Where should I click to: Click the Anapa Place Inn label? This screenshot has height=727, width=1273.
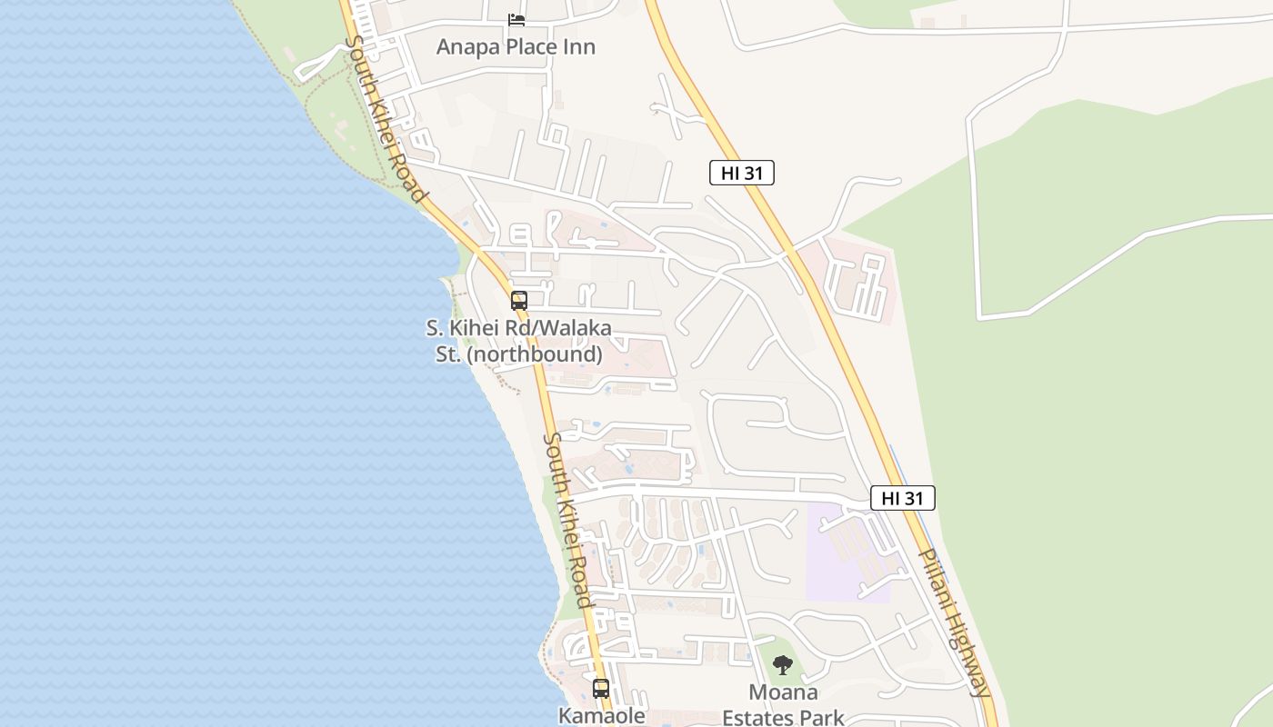[516, 46]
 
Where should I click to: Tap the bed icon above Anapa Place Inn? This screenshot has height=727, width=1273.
[516, 19]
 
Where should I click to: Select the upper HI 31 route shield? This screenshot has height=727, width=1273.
[742, 173]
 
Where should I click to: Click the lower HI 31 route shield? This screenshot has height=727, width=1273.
[903, 498]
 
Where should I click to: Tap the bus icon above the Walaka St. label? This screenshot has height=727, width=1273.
[519, 300]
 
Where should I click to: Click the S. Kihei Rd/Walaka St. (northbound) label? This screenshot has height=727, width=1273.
[519, 341]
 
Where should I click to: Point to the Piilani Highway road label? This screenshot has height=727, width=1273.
[953, 622]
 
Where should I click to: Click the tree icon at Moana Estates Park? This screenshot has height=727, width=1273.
[783, 665]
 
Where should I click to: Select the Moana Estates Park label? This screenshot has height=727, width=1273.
[783, 705]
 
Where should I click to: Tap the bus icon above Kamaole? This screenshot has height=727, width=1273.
[601, 688]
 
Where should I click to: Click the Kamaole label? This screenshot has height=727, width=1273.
[601, 715]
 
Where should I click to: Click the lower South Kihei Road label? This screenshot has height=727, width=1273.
[567, 520]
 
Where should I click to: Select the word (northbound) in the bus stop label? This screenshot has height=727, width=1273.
[535, 354]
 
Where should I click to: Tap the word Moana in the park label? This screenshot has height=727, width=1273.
[783, 693]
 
